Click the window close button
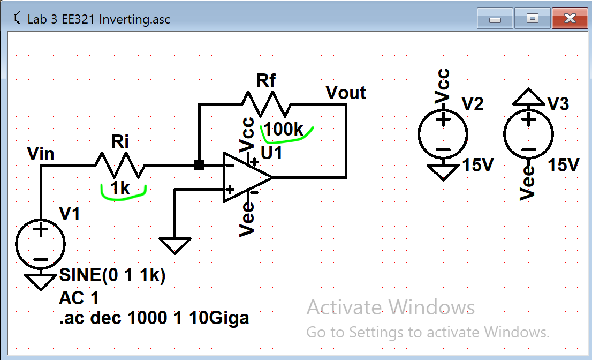pyautogui.click(x=570, y=19)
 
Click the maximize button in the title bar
pyautogui.click(x=532, y=19)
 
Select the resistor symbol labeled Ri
pyautogui.click(x=120, y=165)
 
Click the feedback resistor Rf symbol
pyautogui.click(x=267, y=104)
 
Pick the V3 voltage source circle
pyautogui.click(x=528, y=133)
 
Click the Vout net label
pyautogui.click(x=346, y=93)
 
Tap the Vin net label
pyautogui.click(x=41, y=154)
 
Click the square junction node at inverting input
pyautogui.click(x=199, y=166)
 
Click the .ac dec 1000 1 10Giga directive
pyautogui.click(x=154, y=318)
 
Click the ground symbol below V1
pyautogui.click(x=41, y=281)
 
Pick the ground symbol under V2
pyautogui.click(x=443, y=172)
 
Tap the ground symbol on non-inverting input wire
pyautogui.click(x=175, y=245)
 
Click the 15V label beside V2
pyautogui.click(x=477, y=166)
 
